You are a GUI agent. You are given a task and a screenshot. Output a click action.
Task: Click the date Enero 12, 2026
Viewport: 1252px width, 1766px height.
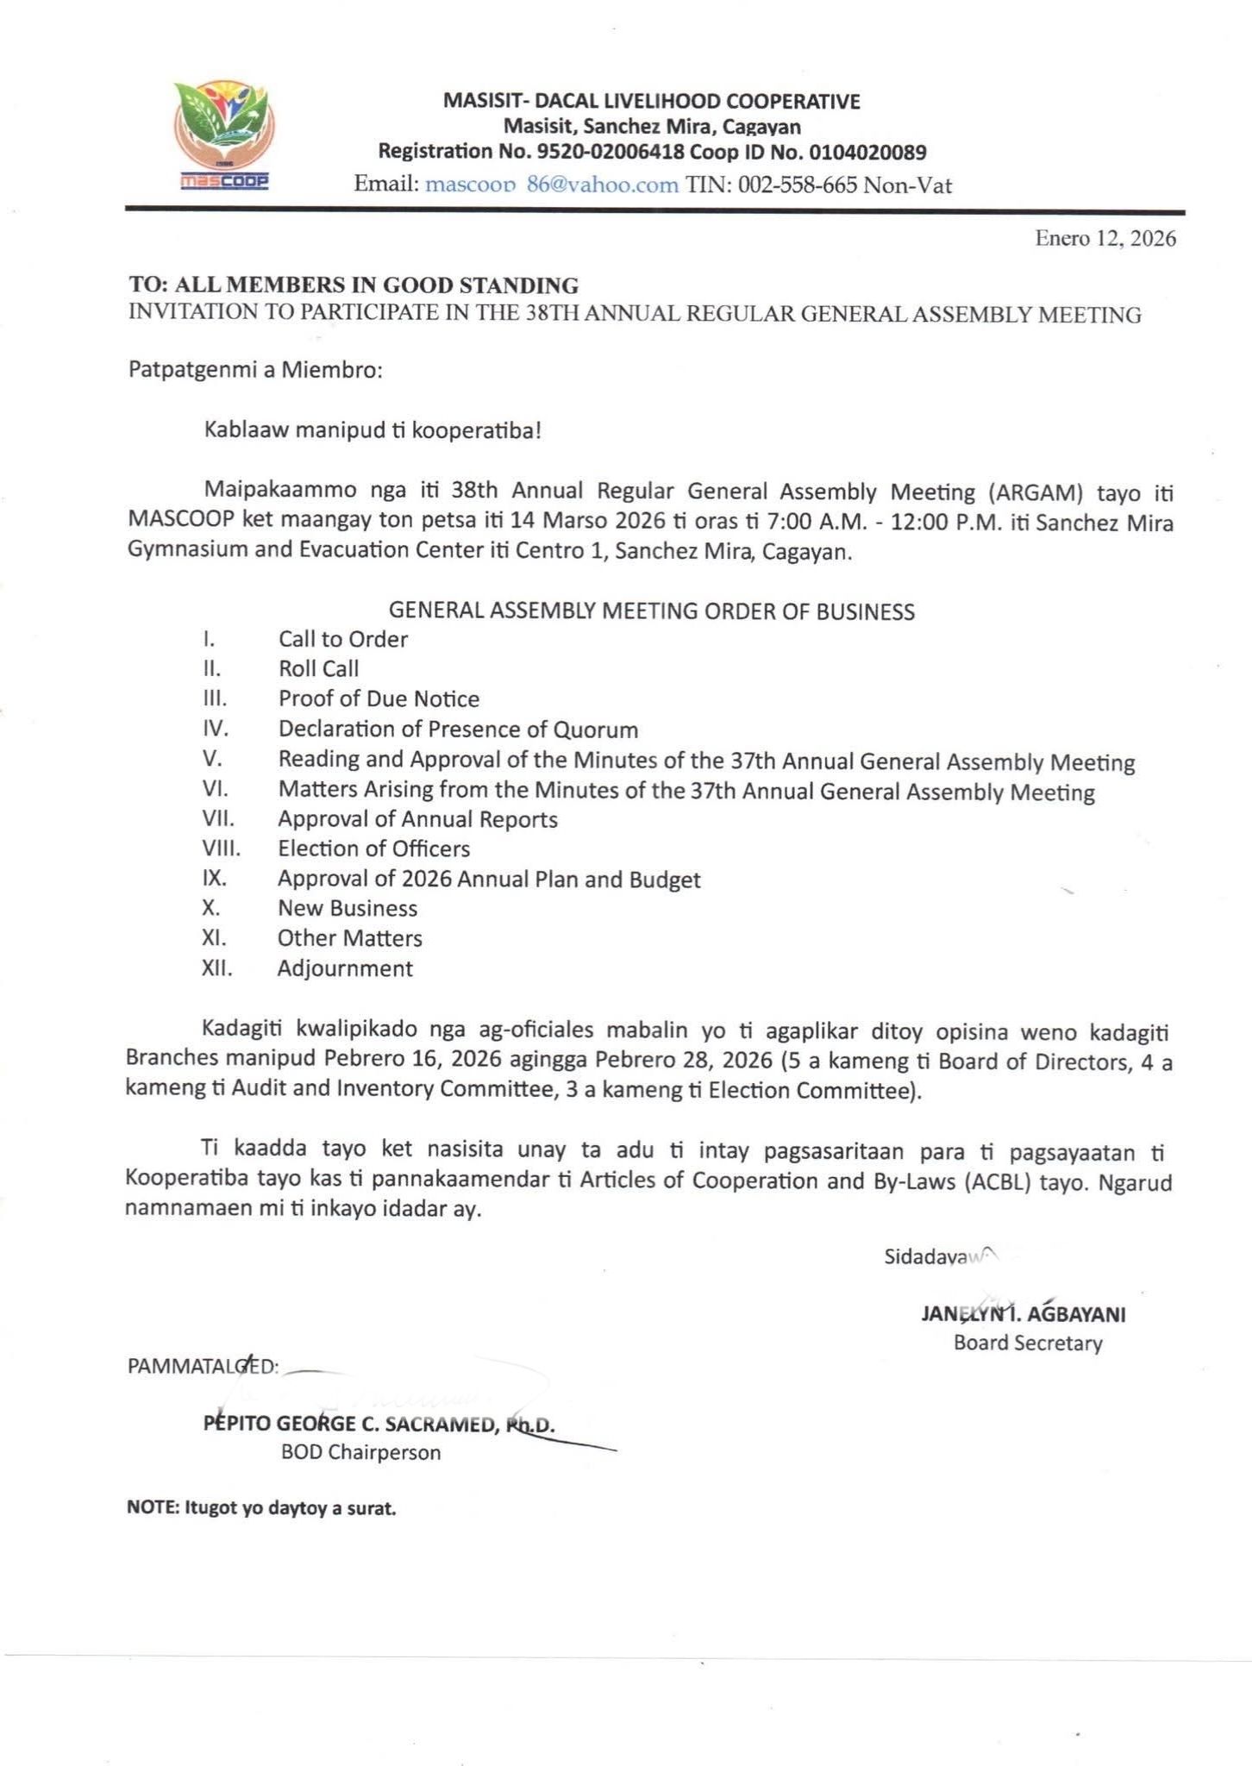pyautogui.click(x=1105, y=239)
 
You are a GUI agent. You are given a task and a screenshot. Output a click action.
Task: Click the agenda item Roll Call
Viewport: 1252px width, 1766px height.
pyautogui.click(x=318, y=668)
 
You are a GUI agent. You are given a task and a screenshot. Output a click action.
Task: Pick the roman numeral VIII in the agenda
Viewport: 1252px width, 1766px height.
pyautogui.click(x=221, y=849)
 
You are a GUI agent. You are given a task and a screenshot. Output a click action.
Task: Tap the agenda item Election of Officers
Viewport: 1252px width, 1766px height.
pyautogui.click(x=373, y=849)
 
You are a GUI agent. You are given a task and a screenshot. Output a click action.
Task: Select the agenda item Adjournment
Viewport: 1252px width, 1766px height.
pyautogui.click(x=345, y=968)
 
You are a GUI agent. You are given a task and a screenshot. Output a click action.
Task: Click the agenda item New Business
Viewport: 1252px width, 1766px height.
pyautogui.click(x=347, y=908)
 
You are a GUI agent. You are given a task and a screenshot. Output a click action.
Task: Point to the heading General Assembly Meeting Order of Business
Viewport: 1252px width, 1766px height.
pyautogui.click(x=651, y=611)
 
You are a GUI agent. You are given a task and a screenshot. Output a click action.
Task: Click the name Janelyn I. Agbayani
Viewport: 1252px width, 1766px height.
pyautogui.click(x=1024, y=1314)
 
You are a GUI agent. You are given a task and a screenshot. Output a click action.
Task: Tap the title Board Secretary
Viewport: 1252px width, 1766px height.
pyautogui.click(x=1028, y=1343)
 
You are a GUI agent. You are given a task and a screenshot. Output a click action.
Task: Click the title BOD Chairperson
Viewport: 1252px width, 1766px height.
pyautogui.click(x=360, y=1452)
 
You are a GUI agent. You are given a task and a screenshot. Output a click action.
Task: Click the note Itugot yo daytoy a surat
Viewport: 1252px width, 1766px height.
pyautogui.click(x=261, y=1508)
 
